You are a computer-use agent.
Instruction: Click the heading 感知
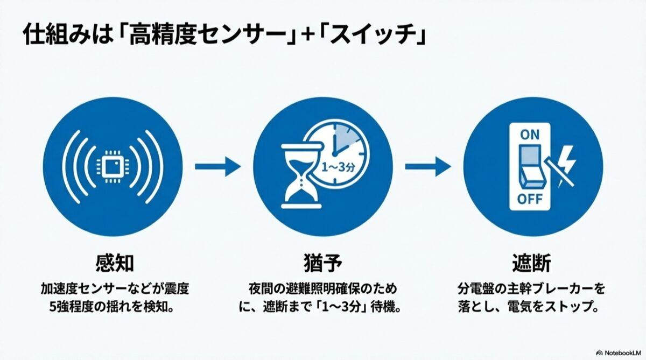tap(113, 264)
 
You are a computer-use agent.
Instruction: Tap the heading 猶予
tap(323, 264)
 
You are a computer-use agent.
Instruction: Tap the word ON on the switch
tap(530, 135)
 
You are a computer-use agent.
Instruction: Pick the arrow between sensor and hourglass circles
tap(217, 167)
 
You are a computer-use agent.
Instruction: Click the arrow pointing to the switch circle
tap(427, 167)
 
